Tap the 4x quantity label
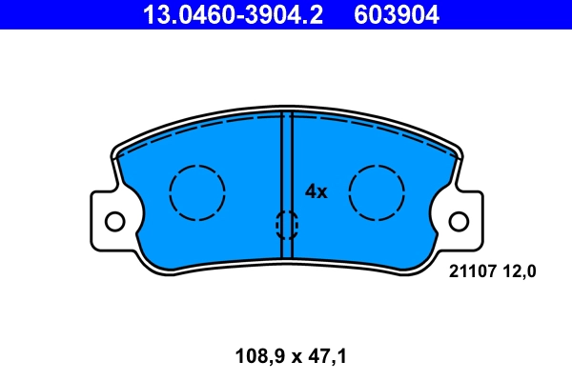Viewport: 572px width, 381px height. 316,191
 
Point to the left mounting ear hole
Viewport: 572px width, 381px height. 114,222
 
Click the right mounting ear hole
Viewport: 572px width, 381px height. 459,222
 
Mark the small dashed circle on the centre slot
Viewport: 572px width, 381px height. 286,225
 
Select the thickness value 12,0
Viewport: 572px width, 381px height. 520,271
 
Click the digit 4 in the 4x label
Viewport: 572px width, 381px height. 310,191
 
